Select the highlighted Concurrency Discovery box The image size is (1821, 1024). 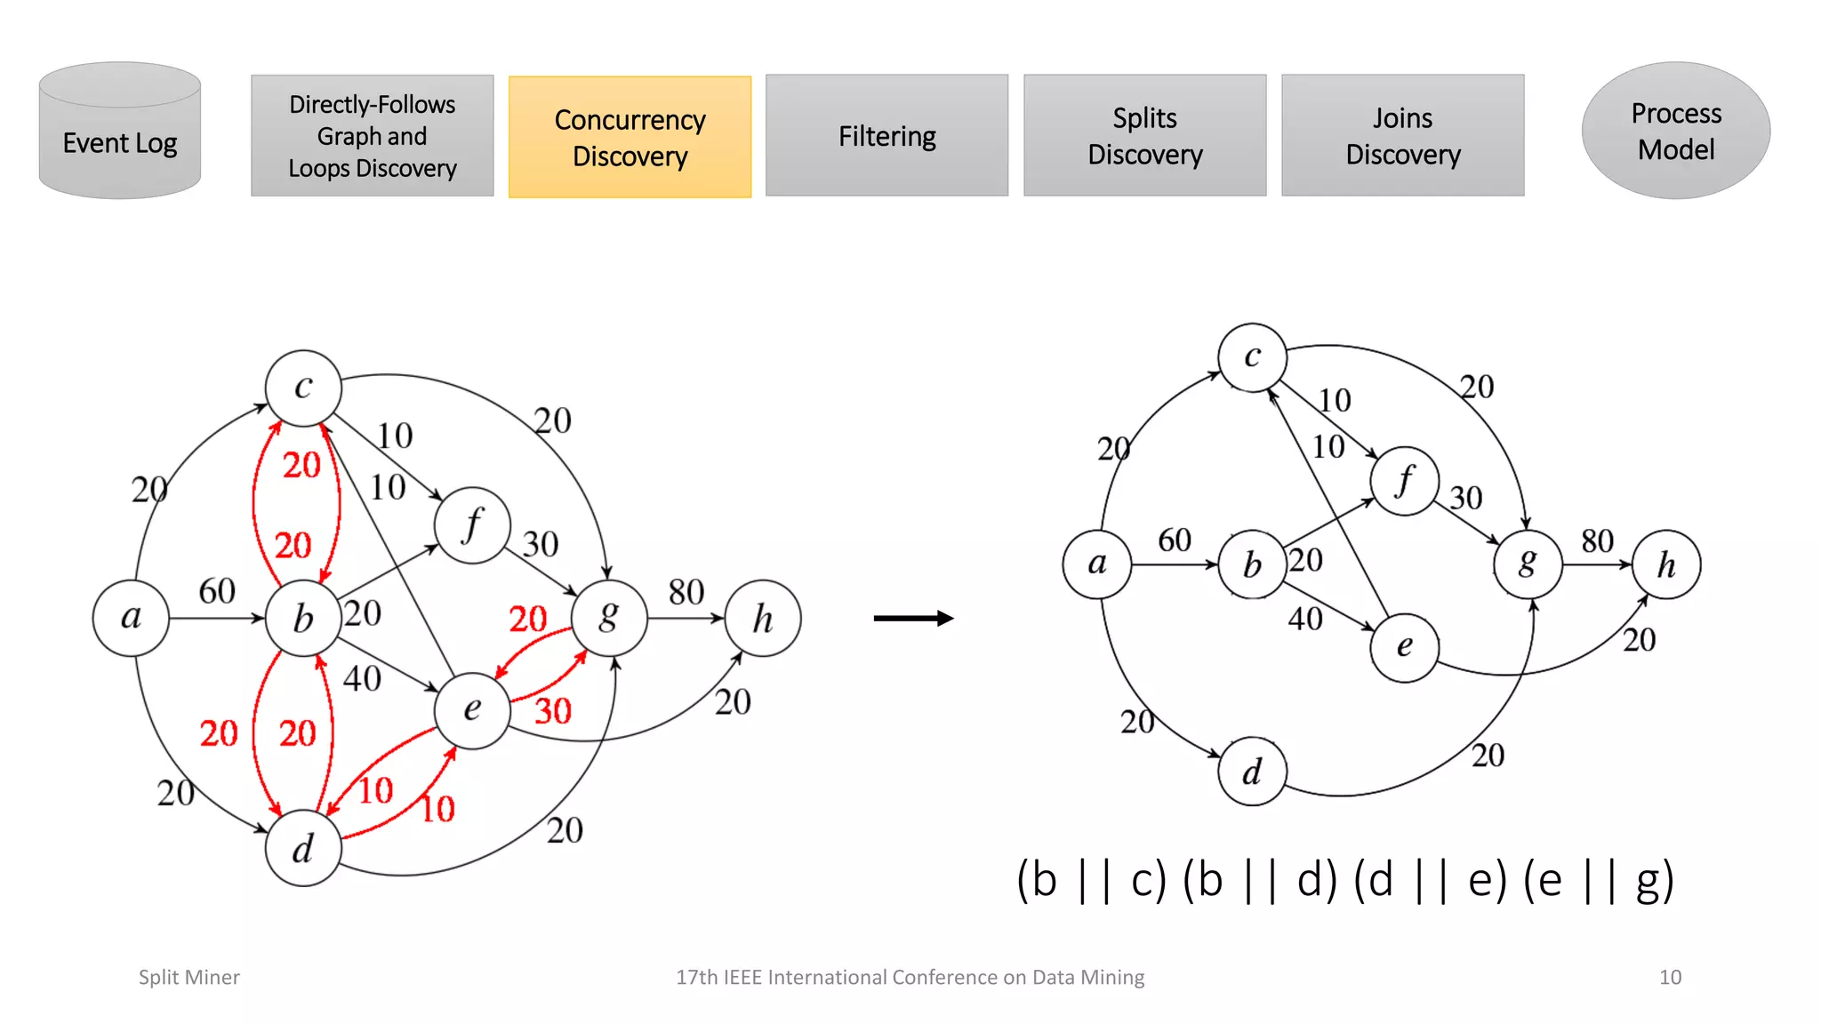pos(630,137)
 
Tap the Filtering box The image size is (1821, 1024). pos(886,136)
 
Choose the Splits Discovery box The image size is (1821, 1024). pos(1144,136)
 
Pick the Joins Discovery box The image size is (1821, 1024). pos(1402,136)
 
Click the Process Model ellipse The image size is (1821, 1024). pos(1675,131)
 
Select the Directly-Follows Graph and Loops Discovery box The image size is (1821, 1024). pos(372,136)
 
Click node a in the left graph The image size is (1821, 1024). pos(131,618)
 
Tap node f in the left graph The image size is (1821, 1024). pos(472,524)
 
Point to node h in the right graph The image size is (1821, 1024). pos(1665,564)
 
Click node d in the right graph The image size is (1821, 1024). pos(1252,772)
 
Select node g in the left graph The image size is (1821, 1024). pos(609,618)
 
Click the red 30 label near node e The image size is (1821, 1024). pos(552,711)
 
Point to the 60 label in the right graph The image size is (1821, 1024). pos(1174,540)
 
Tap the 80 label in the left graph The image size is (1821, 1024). pos(686,592)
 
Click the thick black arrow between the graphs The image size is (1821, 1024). pos(913,618)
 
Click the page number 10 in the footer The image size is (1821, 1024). pos(1669,977)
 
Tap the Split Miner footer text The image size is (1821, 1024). pos(189,977)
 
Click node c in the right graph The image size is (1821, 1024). pos(1252,357)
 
